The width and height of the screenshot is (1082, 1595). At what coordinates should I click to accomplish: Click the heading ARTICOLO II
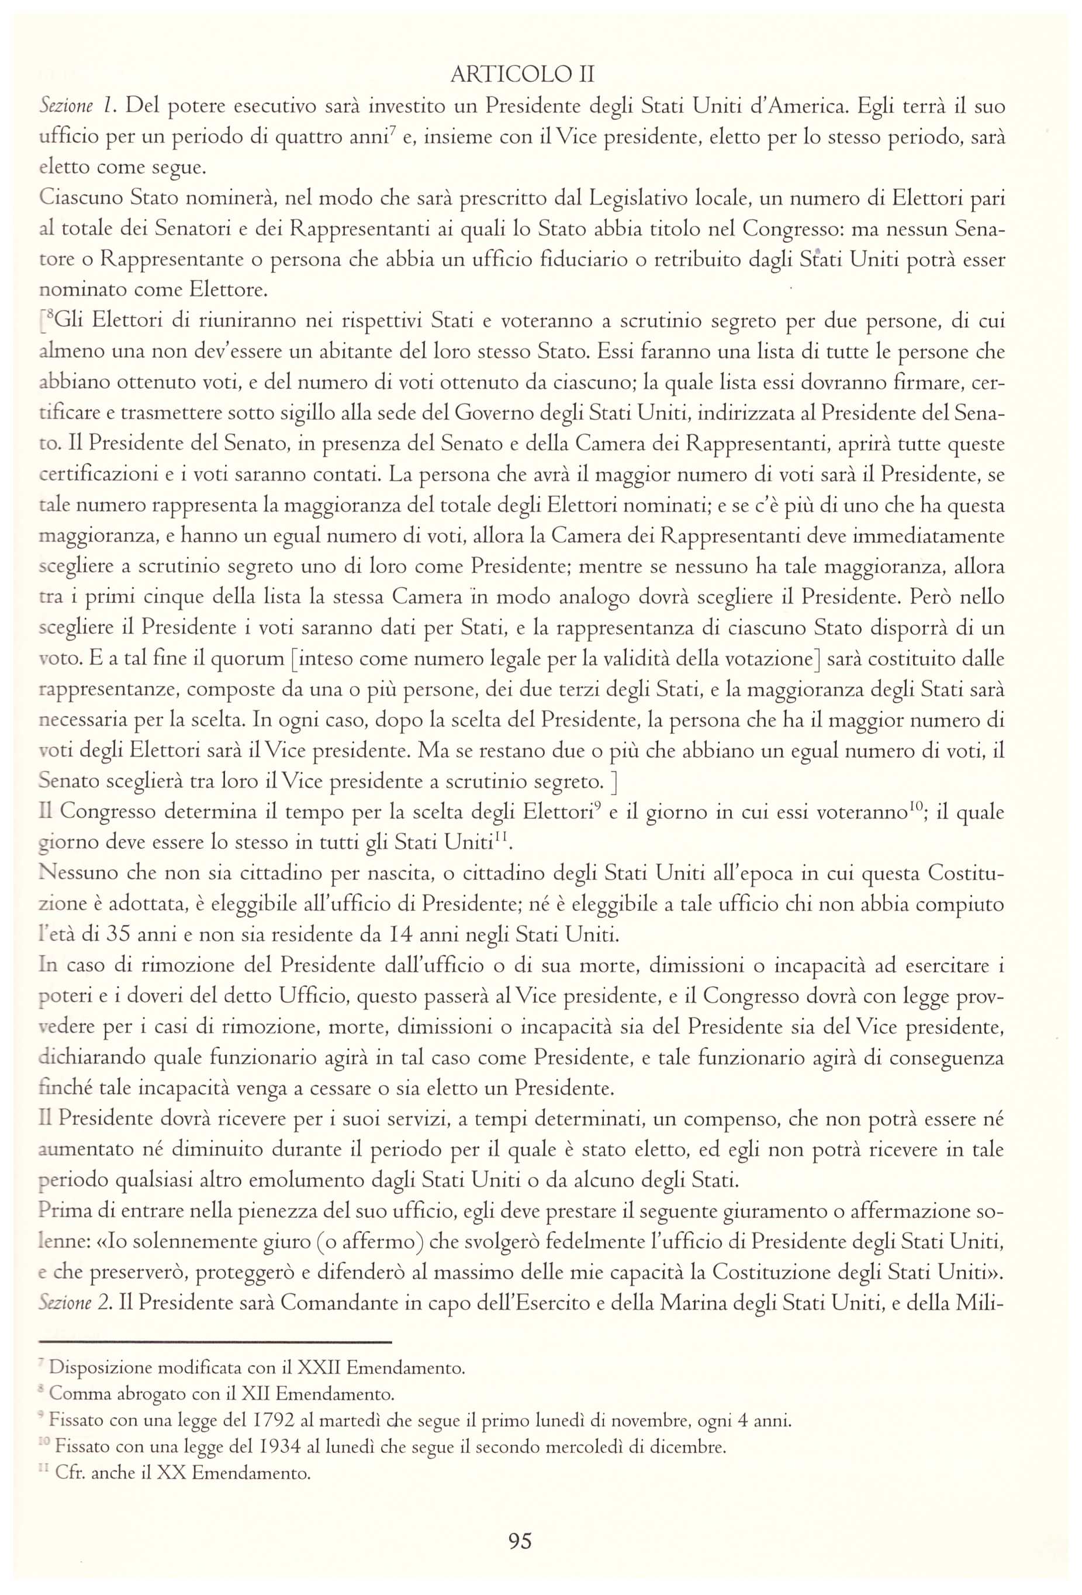pos(521,74)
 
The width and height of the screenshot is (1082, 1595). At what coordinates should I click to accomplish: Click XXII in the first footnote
pos(319,1368)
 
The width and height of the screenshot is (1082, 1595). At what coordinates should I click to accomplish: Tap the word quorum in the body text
pos(247,659)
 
